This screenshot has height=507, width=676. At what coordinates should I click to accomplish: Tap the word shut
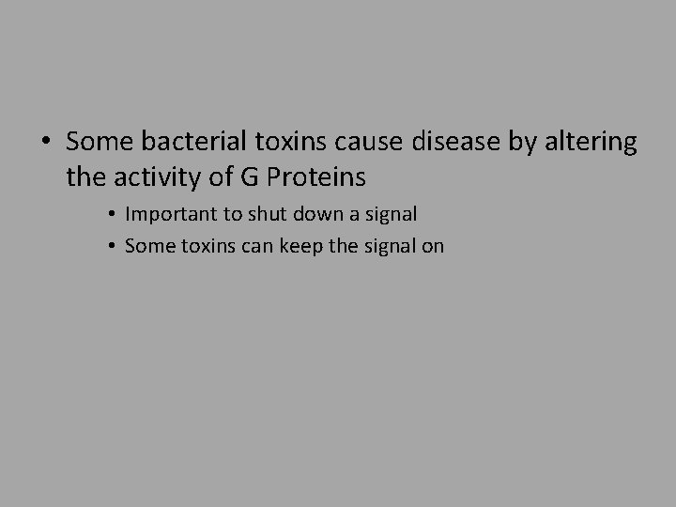point(264,213)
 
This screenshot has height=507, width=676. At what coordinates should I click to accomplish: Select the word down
point(315,213)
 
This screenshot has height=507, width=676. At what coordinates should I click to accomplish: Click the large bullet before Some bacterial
point(45,143)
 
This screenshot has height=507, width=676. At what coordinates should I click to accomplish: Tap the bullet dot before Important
point(111,214)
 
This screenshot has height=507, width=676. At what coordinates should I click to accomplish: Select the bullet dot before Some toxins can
point(111,247)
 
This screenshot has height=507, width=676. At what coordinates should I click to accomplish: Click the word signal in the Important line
point(391,214)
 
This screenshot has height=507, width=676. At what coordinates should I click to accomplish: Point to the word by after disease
point(514,144)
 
